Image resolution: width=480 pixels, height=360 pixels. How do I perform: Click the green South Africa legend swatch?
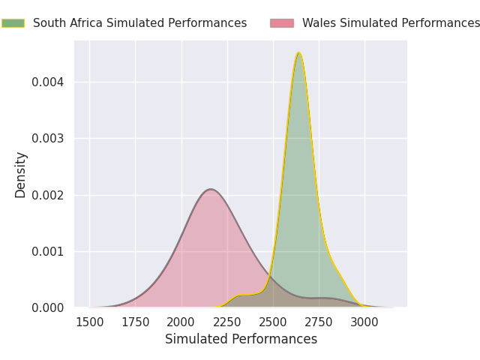tap(13, 23)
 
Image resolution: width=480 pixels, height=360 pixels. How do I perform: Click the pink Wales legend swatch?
tap(282, 23)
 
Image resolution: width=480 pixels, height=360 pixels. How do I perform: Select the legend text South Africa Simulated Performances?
tap(139, 23)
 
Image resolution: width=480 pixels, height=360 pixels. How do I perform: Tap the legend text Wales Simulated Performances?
tap(391, 23)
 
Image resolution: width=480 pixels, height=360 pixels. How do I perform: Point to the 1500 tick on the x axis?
tap(89, 322)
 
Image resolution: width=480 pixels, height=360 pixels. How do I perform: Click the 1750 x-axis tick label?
tap(136, 322)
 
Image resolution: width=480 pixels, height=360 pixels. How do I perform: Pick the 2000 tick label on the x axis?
tap(181, 322)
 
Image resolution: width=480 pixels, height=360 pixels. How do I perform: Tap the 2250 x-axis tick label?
tap(227, 322)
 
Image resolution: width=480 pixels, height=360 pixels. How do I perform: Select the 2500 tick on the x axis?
tap(273, 322)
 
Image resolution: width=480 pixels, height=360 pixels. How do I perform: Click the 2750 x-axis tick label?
tap(319, 322)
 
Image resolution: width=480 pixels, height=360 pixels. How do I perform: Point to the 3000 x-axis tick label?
tap(364, 322)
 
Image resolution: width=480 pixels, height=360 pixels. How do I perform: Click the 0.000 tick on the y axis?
tap(49, 307)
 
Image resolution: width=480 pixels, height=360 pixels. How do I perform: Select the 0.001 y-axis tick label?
tap(49, 251)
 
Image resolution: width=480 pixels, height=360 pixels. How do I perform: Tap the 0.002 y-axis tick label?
tap(49, 195)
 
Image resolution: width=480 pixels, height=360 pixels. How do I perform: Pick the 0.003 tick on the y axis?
tap(49, 138)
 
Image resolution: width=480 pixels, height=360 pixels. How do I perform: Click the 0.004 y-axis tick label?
tap(49, 82)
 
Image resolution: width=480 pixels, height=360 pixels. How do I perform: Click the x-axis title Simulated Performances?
tap(241, 340)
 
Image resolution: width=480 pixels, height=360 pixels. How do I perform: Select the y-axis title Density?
tap(21, 175)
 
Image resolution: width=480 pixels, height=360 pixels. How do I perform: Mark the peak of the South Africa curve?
tap(298, 52)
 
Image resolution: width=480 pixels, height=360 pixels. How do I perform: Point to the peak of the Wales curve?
tap(211, 189)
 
